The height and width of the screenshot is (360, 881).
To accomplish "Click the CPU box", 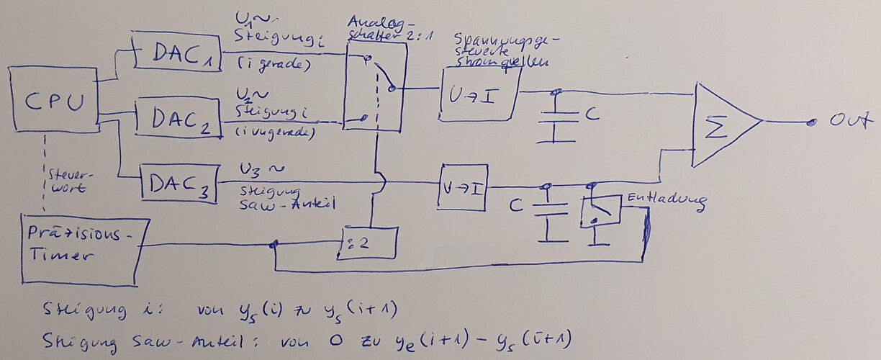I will [x=54, y=99].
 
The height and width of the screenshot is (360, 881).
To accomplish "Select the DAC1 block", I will [x=176, y=51].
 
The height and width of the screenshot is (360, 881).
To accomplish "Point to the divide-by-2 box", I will [x=368, y=243].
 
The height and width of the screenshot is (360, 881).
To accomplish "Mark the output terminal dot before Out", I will [x=811, y=122].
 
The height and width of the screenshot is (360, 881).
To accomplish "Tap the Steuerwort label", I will [x=69, y=181].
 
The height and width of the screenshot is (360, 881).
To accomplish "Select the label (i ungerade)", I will [x=277, y=132].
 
